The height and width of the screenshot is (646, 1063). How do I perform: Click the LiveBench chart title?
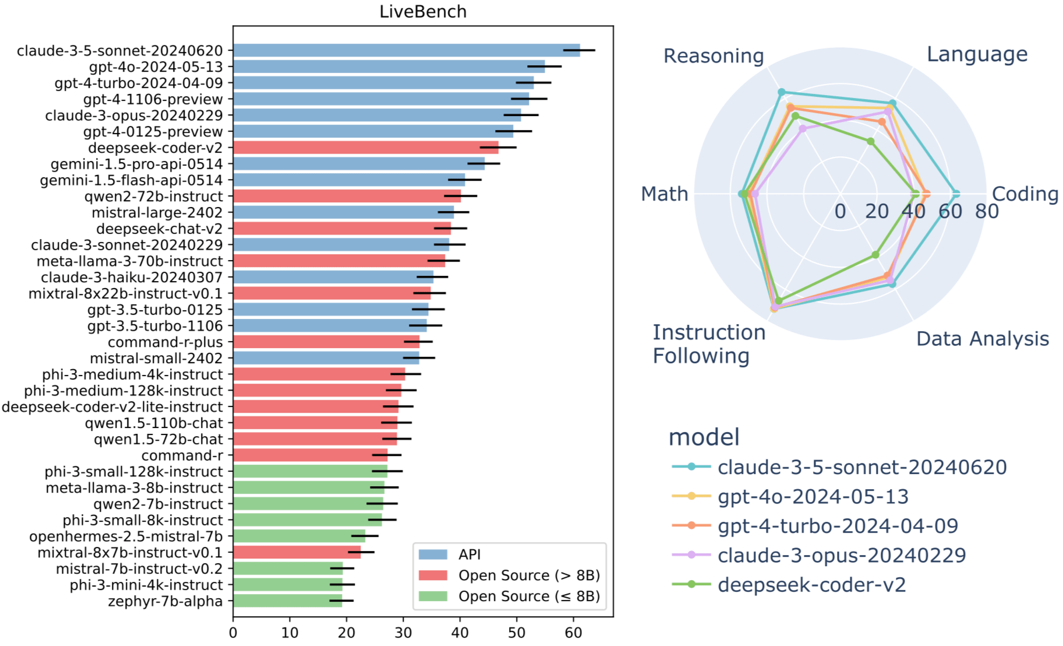423,12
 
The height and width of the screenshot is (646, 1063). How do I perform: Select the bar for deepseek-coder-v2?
365,148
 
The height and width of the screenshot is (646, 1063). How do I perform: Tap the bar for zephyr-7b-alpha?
287,601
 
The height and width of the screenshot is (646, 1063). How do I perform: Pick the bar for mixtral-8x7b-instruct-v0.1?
296,552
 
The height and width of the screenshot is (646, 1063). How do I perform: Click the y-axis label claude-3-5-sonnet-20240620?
120,51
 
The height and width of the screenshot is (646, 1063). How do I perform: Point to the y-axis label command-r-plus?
165,342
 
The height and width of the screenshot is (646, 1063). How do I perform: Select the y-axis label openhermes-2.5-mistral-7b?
126,536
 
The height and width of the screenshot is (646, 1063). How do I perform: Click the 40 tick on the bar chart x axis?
460,633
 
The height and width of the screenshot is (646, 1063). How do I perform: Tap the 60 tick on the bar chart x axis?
574,633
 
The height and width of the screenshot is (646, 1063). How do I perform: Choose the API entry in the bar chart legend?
469,554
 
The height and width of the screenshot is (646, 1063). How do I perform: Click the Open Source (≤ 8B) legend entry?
529,596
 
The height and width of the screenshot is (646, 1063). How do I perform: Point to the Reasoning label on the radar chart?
714,56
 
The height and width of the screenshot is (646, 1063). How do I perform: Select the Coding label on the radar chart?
1025,194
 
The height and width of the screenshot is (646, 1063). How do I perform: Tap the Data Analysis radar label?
983,339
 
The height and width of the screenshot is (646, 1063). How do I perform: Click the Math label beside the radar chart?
665,194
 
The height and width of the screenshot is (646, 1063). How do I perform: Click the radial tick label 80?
987,211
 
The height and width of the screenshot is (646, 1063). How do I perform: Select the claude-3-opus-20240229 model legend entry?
842,556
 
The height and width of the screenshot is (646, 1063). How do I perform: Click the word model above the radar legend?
704,437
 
